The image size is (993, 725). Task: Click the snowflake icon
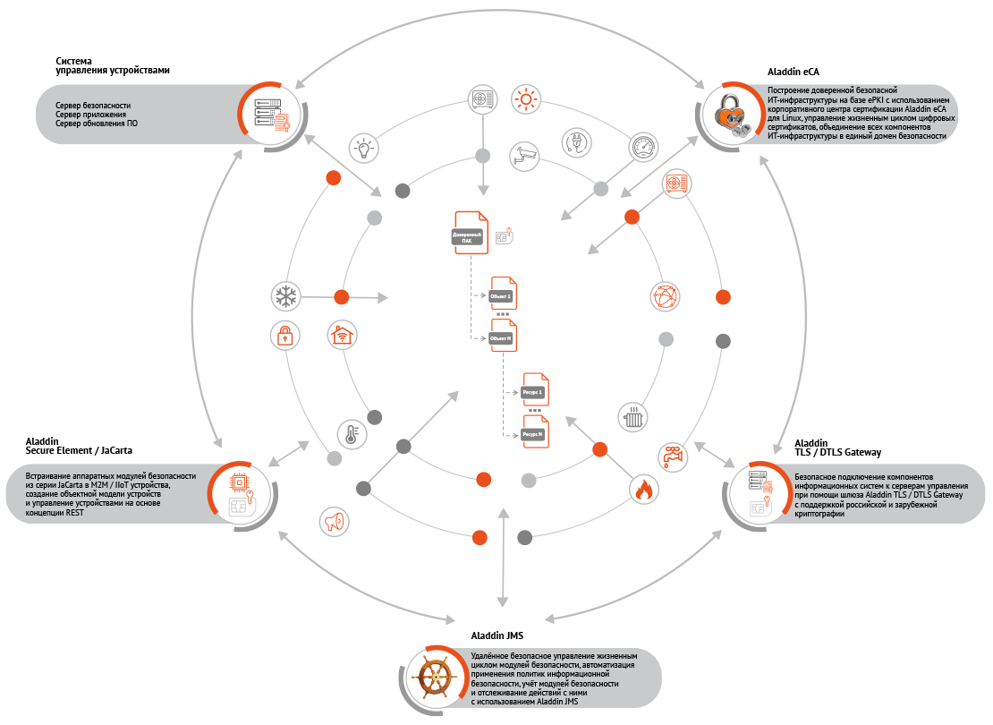click(285, 295)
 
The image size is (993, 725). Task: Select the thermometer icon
click(350, 434)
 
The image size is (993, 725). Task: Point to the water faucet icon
click(671, 456)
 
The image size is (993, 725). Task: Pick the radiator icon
click(633, 416)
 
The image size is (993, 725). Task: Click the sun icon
click(525, 98)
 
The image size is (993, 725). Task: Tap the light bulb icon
click(363, 148)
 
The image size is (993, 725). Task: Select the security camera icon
click(525, 156)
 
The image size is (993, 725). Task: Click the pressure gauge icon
click(642, 147)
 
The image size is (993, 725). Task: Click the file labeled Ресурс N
click(535, 432)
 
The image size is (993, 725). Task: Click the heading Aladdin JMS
click(496, 636)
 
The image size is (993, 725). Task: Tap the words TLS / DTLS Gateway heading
click(837, 452)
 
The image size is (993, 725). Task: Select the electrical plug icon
click(576, 141)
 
